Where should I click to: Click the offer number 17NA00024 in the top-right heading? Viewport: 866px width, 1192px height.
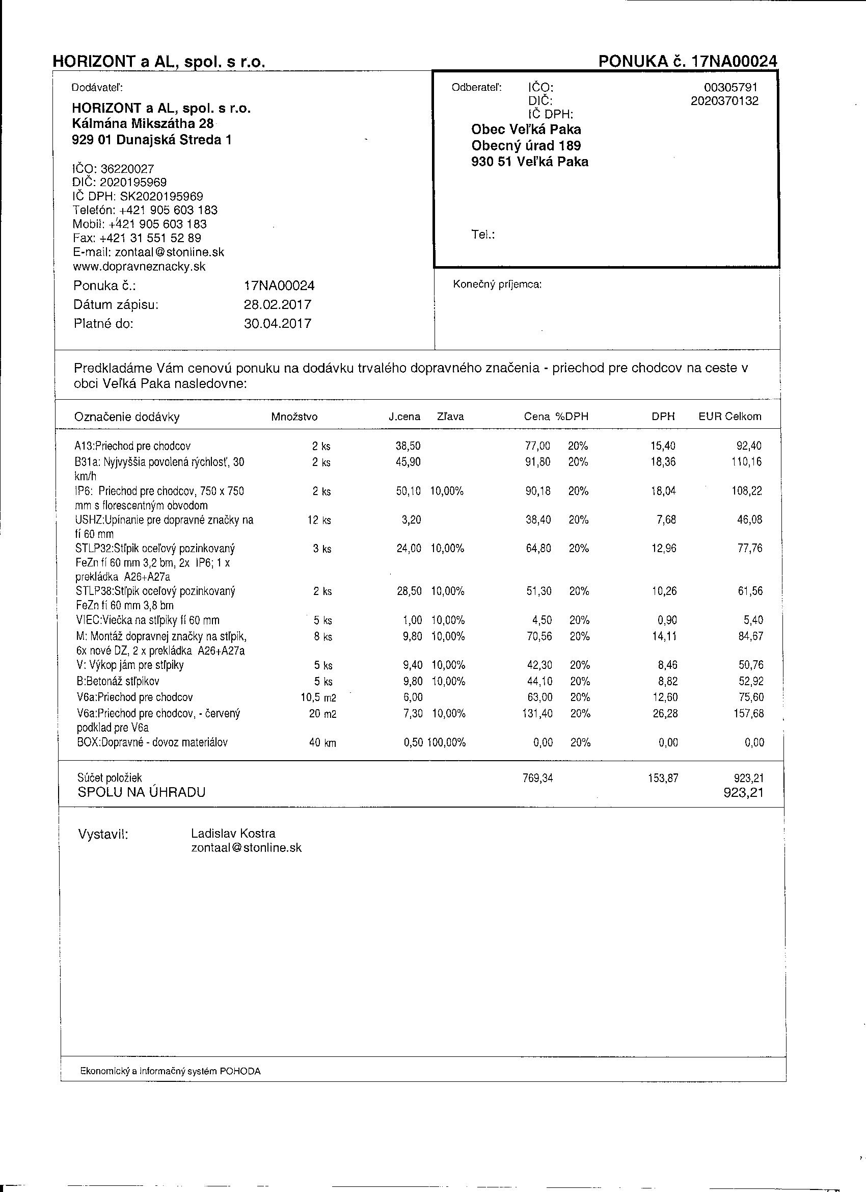[733, 62]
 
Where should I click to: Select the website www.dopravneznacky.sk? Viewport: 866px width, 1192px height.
[139, 267]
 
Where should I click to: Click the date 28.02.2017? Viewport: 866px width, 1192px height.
[277, 305]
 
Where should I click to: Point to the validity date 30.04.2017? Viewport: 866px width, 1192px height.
[277, 323]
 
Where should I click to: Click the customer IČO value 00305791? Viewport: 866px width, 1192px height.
[730, 87]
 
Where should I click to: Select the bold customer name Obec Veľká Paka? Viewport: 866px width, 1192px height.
[526, 129]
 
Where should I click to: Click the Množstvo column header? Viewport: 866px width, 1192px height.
[294, 417]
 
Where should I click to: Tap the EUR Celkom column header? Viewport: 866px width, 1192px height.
[729, 416]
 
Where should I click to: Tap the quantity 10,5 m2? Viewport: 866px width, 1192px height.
[318, 697]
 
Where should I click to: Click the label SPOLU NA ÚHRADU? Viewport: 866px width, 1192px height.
[141, 792]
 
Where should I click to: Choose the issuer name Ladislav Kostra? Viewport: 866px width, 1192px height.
[233, 833]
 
